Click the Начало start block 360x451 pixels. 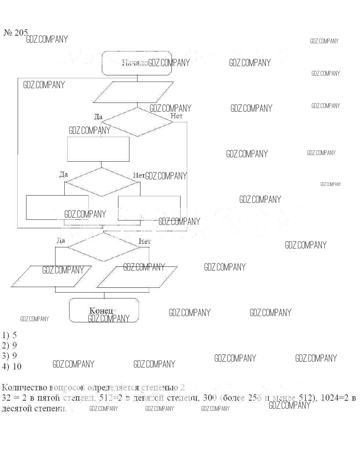click(x=136, y=63)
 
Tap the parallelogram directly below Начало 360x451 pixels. click(x=133, y=92)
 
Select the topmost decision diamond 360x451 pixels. click(x=137, y=122)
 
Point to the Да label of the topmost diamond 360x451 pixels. click(x=98, y=117)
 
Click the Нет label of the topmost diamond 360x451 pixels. click(x=177, y=116)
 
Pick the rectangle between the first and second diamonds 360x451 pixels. click(x=98, y=149)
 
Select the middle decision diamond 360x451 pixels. click(x=102, y=182)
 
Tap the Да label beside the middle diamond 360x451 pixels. click(x=64, y=174)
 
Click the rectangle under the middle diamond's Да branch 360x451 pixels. click(x=57, y=207)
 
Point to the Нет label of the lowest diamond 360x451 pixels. click(x=145, y=241)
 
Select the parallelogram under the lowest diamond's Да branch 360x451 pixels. click(x=51, y=276)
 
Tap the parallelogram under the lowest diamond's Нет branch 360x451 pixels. click(x=137, y=277)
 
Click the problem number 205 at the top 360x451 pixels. click(x=16, y=33)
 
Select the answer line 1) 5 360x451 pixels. click(x=9, y=335)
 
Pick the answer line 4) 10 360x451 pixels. click(x=11, y=366)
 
